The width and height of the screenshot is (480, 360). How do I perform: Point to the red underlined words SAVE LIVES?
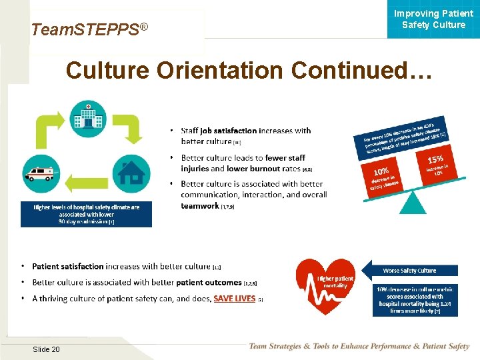tap(234, 299)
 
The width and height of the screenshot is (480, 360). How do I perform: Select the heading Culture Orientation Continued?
tap(249, 71)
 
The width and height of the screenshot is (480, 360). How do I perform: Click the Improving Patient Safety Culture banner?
tap(433, 19)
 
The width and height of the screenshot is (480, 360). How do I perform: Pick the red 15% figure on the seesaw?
tap(435, 160)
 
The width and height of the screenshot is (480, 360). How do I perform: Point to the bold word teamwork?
tap(200, 206)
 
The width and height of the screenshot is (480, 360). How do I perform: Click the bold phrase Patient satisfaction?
tap(69, 267)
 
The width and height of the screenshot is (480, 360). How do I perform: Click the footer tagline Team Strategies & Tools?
tap(359, 347)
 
